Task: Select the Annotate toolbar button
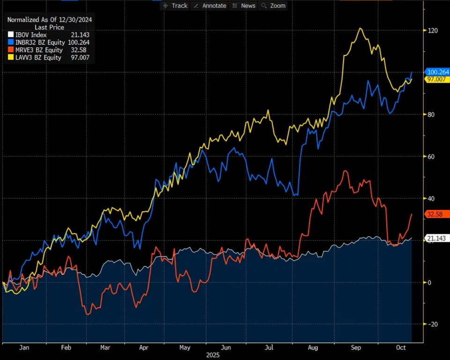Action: tap(210, 6)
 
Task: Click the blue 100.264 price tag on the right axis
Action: tap(437, 72)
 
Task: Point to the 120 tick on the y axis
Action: tap(432, 30)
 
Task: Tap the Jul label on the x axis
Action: tap(269, 348)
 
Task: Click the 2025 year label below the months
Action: tap(214, 355)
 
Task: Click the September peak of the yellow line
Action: tap(360, 29)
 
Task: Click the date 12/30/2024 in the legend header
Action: tap(77, 20)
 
